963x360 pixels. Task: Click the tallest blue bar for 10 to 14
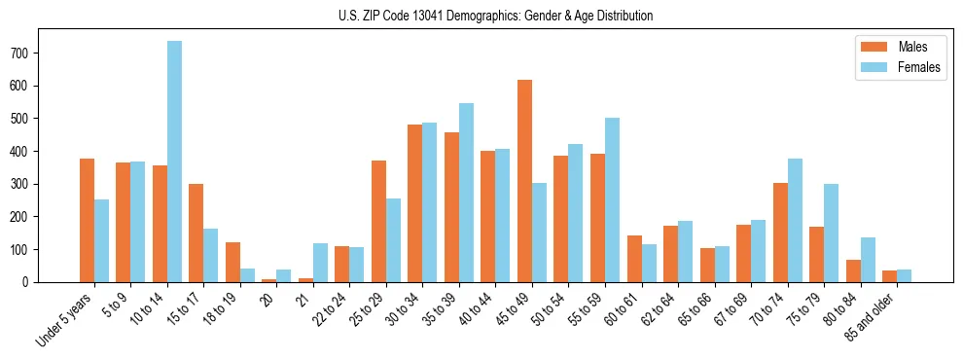point(174,161)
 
